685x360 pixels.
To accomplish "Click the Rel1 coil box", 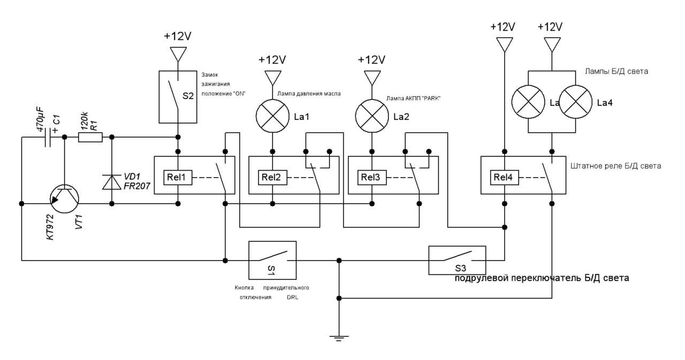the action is tap(178, 178).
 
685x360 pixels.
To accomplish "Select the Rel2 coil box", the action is tap(272, 178).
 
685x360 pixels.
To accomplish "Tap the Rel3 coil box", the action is tap(372, 178).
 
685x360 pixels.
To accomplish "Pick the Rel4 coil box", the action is tap(505, 178).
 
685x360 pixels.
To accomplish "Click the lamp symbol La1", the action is tap(272, 116).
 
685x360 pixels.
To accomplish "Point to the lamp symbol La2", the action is tap(372, 116).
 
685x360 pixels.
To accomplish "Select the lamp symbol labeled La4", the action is tap(575, 102).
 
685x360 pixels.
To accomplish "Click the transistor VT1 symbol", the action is tap(64, 198).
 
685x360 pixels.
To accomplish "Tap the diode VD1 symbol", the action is tap(112, 182).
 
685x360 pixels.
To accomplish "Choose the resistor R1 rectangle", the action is tap(90, 137).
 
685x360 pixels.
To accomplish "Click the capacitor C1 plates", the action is tap(48, 137).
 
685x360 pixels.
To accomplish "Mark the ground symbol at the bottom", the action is tap(339, 338).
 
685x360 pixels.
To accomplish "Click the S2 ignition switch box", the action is tap(178, 97).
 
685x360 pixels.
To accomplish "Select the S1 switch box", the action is tap(272, 260).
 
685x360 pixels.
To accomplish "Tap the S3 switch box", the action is tap(457, 260).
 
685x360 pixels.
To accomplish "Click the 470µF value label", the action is tap(40, 119).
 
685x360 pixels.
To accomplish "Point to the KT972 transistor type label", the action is tap(50, 227).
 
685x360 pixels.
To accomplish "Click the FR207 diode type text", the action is tap(136, 186).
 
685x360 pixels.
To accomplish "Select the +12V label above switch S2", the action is tap(178, 36).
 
